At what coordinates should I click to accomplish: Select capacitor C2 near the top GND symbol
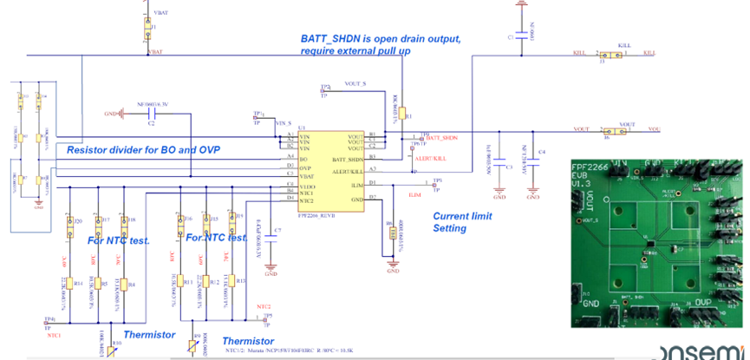pos(151,113)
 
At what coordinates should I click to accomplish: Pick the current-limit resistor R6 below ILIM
pos(394,231)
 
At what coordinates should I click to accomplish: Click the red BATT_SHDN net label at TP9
pos(441,138)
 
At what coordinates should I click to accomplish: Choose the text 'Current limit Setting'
pos(462,222)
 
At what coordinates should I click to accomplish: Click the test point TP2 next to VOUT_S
pos(326,89)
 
